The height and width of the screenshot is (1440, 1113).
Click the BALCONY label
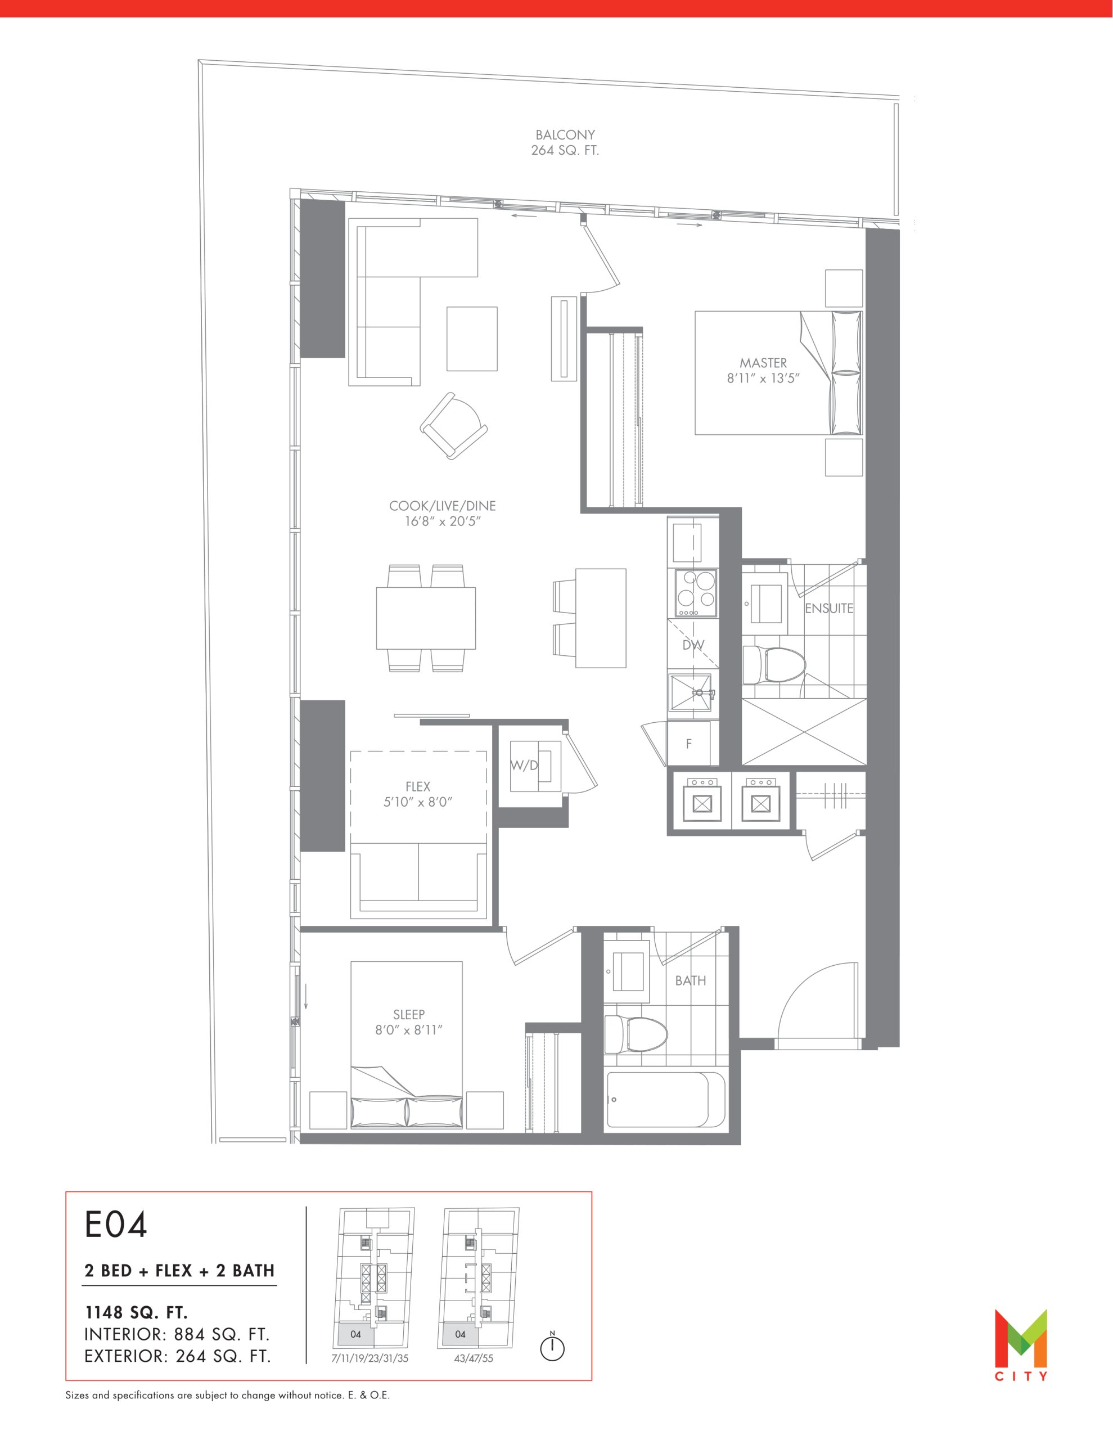pyautogui.click(x=565, y=135)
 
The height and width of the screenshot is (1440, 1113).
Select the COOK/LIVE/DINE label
pyautogui.click(x=443, y=506)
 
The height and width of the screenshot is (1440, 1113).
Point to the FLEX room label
pyautogui.click(x=418, y=786)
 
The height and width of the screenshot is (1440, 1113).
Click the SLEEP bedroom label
pyautogui.click(x=409, y=1015)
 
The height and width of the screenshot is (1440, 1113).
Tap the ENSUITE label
pyautogui.click(x=829, y=609)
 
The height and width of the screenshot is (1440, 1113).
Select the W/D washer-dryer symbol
pyautogui.click(x=535, y=766)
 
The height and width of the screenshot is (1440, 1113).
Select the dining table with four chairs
pyautogui.click(x=426, y=618)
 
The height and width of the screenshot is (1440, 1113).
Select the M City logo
pyautogui.click(x=1021, y=1345)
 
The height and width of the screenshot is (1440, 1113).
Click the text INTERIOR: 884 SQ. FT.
pyautogui.click(x=177, y=1334)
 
